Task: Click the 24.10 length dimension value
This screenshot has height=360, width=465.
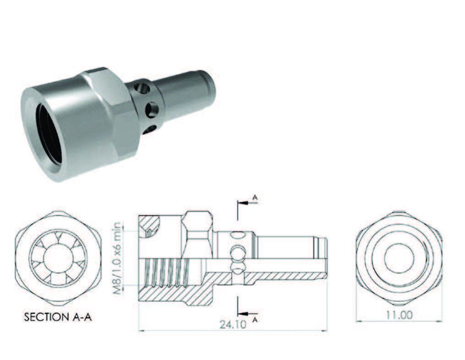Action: coord(233,324)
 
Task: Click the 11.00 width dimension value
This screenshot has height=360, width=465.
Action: coord(399,315)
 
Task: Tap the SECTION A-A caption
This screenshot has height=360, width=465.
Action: coord(58,317)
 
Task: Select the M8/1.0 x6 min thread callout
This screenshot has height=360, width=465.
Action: coord(118,258)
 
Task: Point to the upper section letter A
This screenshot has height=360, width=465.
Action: coord(254,197)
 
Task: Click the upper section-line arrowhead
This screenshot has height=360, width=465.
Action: coord(243,203)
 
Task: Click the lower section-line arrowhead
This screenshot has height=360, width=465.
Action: coord(243,313)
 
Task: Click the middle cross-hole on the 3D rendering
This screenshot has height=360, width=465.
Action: coord(153,109)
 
